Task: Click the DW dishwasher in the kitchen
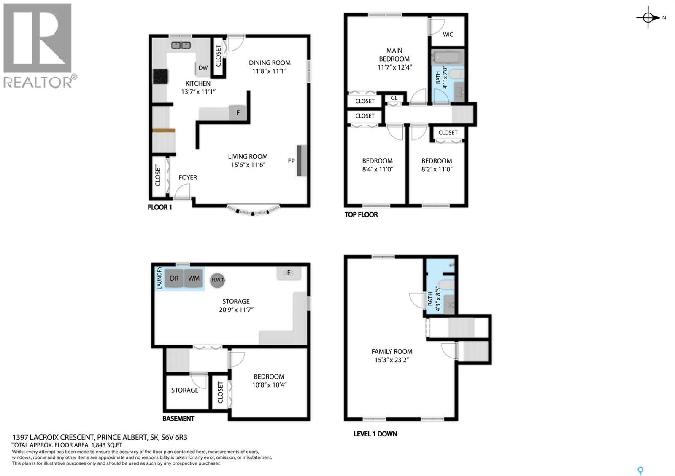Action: [203, 68]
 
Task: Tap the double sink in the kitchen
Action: [181, 45]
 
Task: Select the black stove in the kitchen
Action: [160, 76]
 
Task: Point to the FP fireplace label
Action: [291, 161]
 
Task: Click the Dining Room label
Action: [270, 63]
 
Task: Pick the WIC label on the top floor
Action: [448, 34]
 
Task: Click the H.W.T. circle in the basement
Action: [217, 280]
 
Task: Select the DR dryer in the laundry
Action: [174, 278]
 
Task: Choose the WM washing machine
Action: [194, 278]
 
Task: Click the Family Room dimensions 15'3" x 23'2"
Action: [392, 360]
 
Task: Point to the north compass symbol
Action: [648, 18]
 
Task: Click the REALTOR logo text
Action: [38, 82]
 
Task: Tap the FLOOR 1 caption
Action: [160, 207]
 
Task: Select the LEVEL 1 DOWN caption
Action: [375, 434]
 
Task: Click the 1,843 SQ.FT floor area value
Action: [107, 445]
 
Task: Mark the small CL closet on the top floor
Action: [394, 98]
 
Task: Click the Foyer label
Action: [188, 177]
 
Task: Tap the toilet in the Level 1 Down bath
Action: [446, 284]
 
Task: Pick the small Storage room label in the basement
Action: [185, 390]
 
